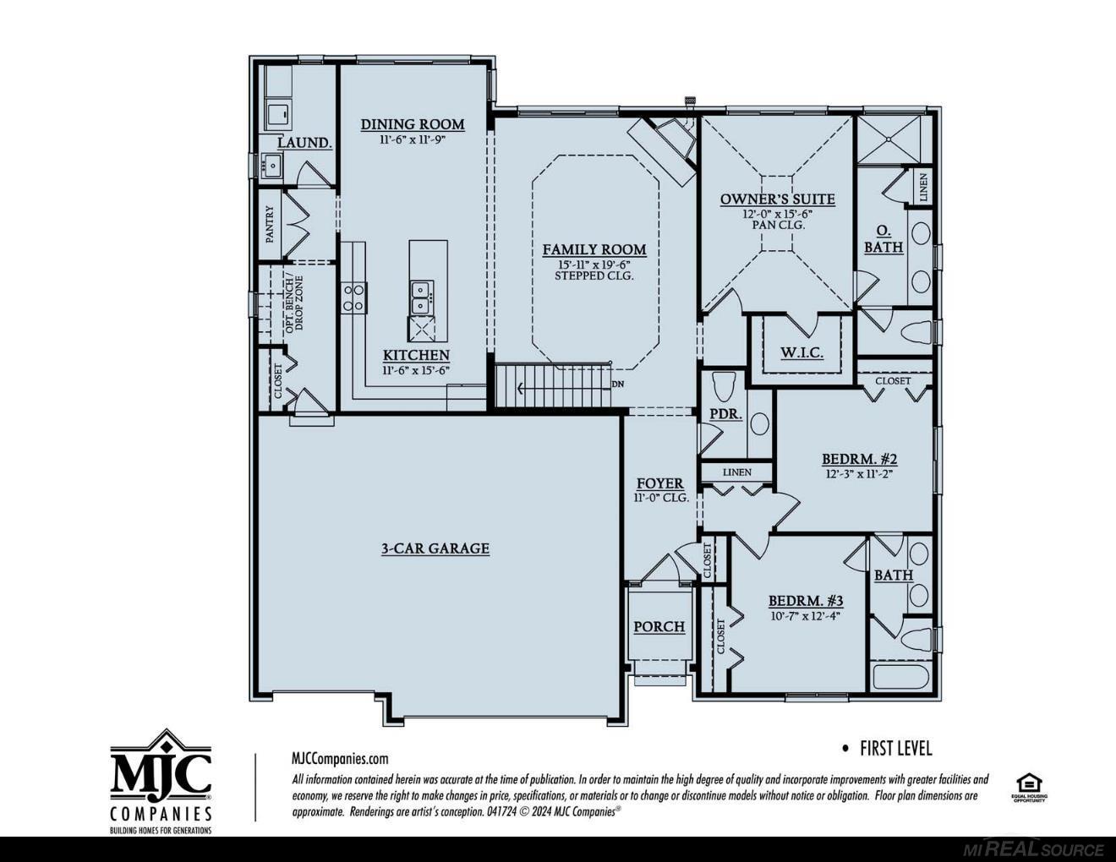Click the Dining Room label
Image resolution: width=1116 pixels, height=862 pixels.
(x=413, y=124)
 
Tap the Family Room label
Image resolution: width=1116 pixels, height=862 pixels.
(x=594, y=249)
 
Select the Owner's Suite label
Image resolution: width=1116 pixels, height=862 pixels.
(x=777, y=199)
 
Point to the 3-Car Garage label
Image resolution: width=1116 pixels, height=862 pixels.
(x=435, y=548)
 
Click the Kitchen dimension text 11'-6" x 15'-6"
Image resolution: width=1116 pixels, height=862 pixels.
(x=416, y=370)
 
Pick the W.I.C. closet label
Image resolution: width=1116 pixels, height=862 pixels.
(x=801, y=352)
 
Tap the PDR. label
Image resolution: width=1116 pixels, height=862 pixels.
(x=725, y=414)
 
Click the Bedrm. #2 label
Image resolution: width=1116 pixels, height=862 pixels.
(x=859, y=459)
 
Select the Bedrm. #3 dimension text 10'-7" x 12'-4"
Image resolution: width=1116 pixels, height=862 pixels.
(x=804, y=616)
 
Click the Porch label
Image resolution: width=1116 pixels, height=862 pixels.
(x=659, y=626)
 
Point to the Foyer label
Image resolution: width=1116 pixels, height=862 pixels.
(x=660, y=483)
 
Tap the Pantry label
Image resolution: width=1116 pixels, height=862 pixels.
(x=271, y=225)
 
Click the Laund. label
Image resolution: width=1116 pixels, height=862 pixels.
(x=304, y=142)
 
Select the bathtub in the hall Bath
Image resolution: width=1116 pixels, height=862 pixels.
(x=900, y=679)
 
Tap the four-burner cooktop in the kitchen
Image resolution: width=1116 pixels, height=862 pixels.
(x=353, y=297)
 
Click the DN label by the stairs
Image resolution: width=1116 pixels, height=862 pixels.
(x=617, y=384)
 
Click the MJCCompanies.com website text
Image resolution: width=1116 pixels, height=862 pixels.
(x=340, y=759)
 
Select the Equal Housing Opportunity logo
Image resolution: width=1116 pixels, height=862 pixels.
(x=1029, y=787)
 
